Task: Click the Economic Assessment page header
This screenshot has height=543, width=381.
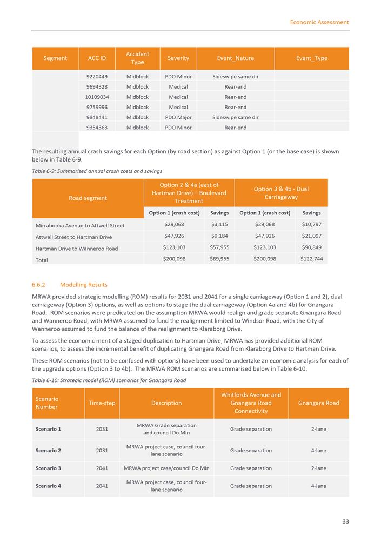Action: point(319,22)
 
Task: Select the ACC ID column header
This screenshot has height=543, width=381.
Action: point(97,58)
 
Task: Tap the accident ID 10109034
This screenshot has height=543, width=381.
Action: point(97,97)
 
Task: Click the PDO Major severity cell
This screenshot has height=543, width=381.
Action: point(178,117)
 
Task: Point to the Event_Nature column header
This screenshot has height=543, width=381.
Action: point(235,58)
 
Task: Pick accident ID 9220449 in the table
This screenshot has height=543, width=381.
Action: point(97,77)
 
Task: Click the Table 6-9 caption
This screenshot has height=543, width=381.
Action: point(97,171)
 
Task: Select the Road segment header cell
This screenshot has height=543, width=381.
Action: point(88,198)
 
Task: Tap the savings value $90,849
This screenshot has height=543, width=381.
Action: point(311,247)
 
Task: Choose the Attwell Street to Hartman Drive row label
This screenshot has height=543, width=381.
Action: point(73,237)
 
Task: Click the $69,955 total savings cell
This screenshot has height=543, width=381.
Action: point(219,259)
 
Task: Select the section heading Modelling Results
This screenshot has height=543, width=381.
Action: point(83,285)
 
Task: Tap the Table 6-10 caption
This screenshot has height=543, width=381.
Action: point(109,380)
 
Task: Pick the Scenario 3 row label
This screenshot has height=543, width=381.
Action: point(48,468)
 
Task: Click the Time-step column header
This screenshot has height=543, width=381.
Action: point(102,403)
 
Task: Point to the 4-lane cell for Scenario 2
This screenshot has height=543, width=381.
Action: point(318,450)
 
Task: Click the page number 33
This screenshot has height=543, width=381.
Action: point(345,521)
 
